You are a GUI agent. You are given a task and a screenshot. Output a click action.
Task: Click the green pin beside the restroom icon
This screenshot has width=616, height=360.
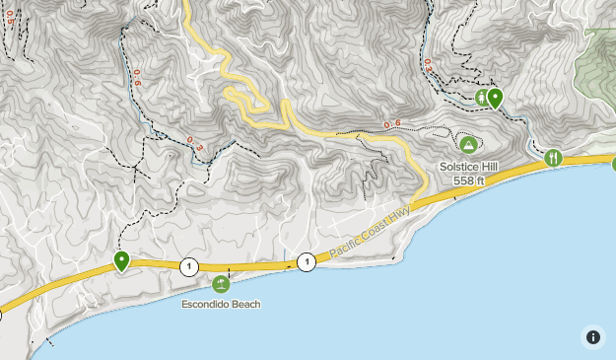click(x=495, y=98)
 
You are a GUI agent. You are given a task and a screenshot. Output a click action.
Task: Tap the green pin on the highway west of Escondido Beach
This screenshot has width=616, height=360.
click(x=121, y=260)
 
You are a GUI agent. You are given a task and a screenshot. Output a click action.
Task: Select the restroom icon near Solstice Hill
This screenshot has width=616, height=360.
click(x=481, y=98)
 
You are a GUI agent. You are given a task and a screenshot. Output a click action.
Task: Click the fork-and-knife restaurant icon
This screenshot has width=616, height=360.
click(x=553, y=157)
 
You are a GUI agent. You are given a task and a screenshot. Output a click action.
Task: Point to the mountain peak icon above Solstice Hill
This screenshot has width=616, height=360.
click(x=468, y=145)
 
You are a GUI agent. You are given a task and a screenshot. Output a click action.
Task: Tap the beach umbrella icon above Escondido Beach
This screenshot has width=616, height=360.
click(x=221, y=284)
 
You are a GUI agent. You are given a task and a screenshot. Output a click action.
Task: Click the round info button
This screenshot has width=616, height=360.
click(x=592, y=336)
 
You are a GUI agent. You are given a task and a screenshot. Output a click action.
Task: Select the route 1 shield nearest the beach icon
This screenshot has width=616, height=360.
click(x=187, y=266)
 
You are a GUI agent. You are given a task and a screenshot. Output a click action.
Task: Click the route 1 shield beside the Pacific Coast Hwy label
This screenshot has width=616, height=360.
click(x=306, y=261)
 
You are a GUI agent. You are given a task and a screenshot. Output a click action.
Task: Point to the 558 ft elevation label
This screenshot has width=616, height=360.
click(x=469, y=180)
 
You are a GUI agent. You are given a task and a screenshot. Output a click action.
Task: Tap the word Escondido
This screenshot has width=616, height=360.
click(x=204, y=304)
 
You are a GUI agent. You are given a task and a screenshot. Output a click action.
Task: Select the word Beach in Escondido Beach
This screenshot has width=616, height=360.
click(x=245, y=304)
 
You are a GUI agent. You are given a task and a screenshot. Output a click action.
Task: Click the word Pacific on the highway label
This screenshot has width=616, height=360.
click(x=345, y=247)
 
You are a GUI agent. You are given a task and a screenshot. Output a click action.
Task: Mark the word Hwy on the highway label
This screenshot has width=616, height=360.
click(x=397, y=216)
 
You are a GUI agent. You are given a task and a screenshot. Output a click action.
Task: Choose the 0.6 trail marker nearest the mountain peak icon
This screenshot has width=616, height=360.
click(x=392, y=123)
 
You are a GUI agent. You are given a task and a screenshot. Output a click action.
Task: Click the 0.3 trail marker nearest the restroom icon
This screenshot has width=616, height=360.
click(x=428, y=64)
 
